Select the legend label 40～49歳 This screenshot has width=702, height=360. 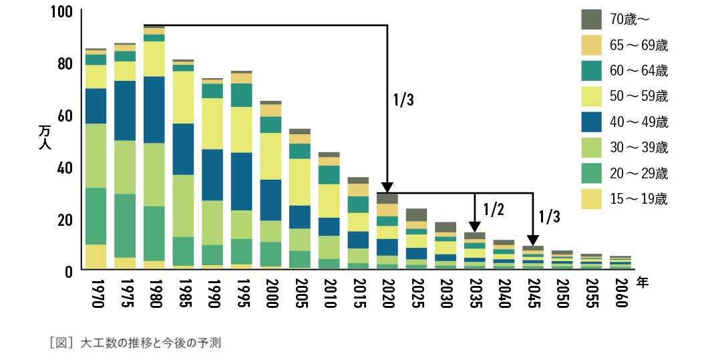639,122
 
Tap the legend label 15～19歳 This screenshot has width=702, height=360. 639,198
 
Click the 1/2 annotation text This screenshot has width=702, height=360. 492,210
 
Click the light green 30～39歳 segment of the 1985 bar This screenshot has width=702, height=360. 183,206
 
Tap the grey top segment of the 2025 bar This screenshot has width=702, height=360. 416,214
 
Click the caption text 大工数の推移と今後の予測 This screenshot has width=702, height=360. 150,343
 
